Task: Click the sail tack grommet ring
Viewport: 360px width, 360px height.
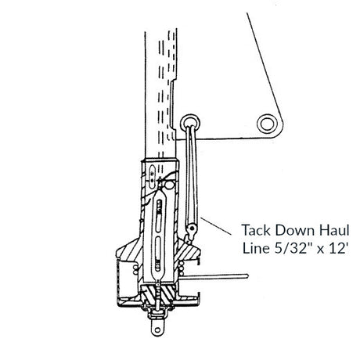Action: pos(266,124)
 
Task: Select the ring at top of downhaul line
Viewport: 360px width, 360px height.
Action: pos(190,122)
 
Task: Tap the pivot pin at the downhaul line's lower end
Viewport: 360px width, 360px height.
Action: pos(193,229)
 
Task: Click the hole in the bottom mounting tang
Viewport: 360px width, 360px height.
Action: pos(157,330)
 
